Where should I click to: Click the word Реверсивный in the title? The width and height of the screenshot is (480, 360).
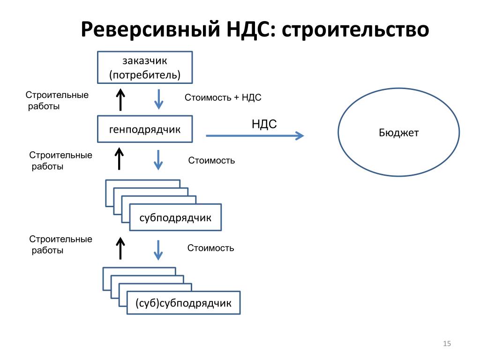tap(150, 30)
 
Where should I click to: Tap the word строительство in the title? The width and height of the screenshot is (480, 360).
tap(355, 30)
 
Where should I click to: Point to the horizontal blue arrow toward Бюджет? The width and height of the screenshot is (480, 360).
tap(255, 135)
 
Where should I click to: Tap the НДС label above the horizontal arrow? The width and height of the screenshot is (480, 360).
tap(264, 124)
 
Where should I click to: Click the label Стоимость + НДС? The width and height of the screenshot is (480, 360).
tap(223, 97)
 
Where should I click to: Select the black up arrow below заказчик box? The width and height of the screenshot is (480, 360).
tap(120, 100)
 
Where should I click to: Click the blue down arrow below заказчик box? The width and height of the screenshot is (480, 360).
tap(158, 99)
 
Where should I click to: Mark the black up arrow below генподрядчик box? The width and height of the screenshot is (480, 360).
tap(119, 158)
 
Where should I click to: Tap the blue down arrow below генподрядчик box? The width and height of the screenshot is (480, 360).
tap(158, 160)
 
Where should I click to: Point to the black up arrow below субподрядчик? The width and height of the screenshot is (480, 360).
tap(120, 248)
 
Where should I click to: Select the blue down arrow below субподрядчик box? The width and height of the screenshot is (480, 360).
tap(158, 250)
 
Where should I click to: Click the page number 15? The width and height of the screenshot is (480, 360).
tap(447, 344)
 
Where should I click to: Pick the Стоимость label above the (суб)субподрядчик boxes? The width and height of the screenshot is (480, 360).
tap(210, 248)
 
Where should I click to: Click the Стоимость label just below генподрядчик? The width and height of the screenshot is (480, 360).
tap(211, 160)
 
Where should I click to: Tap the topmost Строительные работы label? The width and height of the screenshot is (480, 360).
tap(57, 100)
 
